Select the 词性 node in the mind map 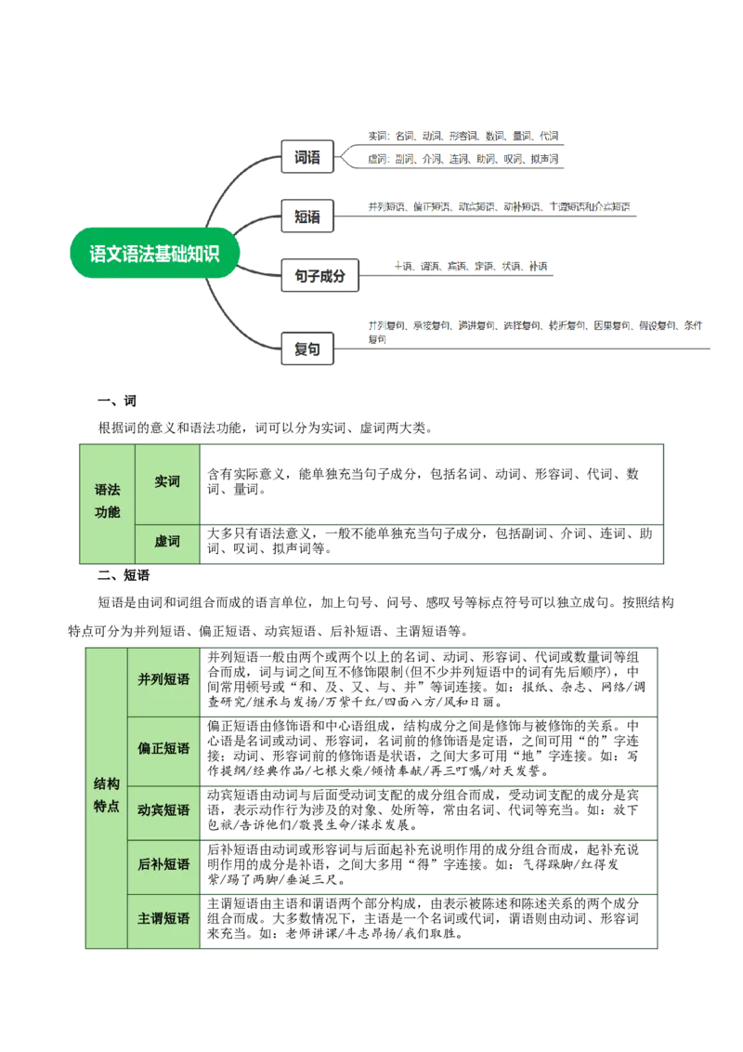coord(306,157)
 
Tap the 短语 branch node coord(306,217)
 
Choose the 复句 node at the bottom coord(306,349)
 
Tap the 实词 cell coord(167,481)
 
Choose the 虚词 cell coord(167,542)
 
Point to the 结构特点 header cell coord(106,796)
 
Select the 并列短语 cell coord(163,680)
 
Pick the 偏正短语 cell coord(163,749)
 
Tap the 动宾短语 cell coord(163,810)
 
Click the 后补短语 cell coord(163,865)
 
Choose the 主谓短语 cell coord(163,918)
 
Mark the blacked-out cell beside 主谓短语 coord(428,920)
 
